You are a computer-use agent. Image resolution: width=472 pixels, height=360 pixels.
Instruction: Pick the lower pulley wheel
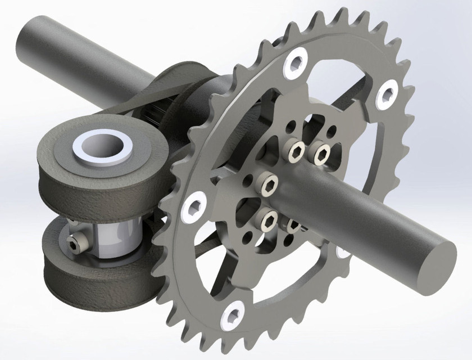(84, 276)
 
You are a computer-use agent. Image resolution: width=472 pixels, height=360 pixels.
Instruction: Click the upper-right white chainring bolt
(387, 94)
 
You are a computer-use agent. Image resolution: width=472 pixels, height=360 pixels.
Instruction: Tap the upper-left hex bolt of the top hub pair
(297, 150)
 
